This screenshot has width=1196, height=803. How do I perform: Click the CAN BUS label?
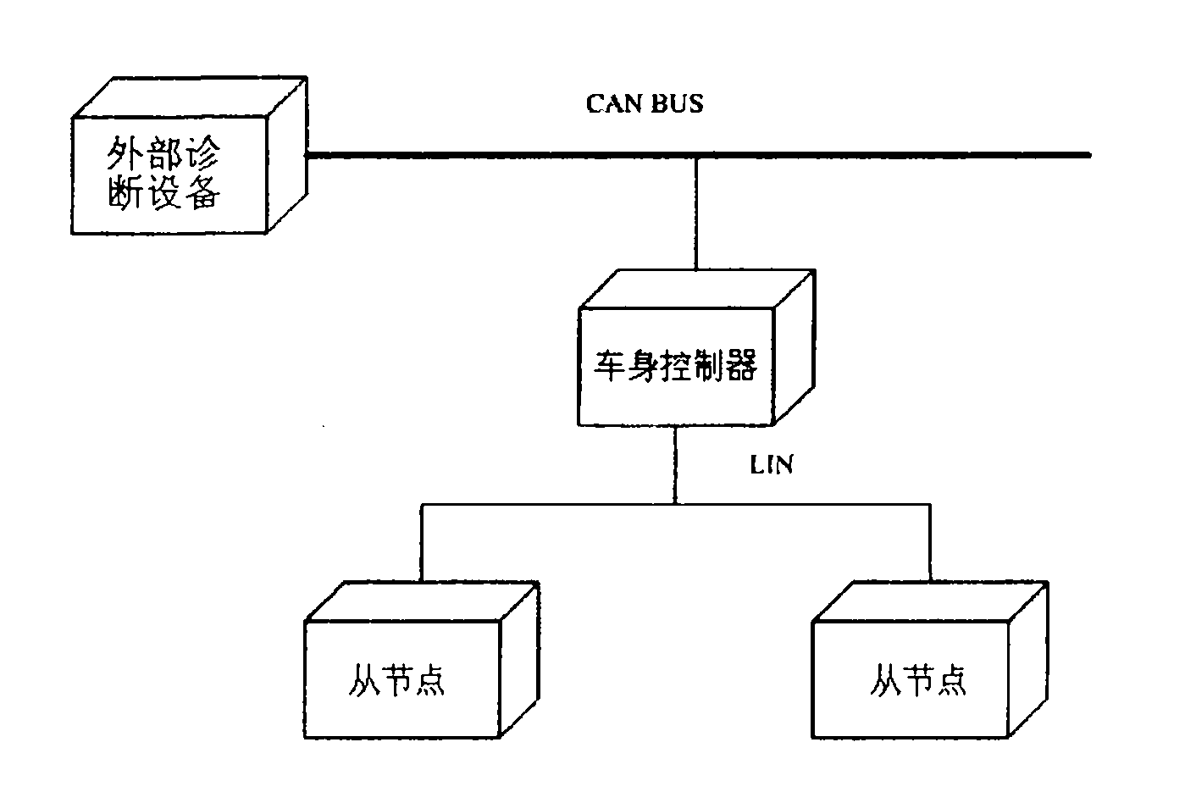point(645,103)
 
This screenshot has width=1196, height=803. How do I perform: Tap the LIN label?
point(772,464)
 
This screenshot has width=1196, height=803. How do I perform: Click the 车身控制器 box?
point(675,366)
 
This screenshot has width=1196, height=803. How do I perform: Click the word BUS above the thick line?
point(678,103)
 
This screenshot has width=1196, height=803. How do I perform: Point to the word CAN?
point(615,103)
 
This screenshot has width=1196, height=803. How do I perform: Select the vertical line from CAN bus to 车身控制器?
point(697,212)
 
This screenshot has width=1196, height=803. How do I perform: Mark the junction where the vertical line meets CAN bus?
point(697,155)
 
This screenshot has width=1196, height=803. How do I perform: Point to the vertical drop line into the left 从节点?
point(422,542)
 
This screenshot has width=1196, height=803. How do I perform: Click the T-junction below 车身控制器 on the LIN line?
point(675,504)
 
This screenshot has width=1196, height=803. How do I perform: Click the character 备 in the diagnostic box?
point(202,195)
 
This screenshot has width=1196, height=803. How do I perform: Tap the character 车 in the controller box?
point(610,366)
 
